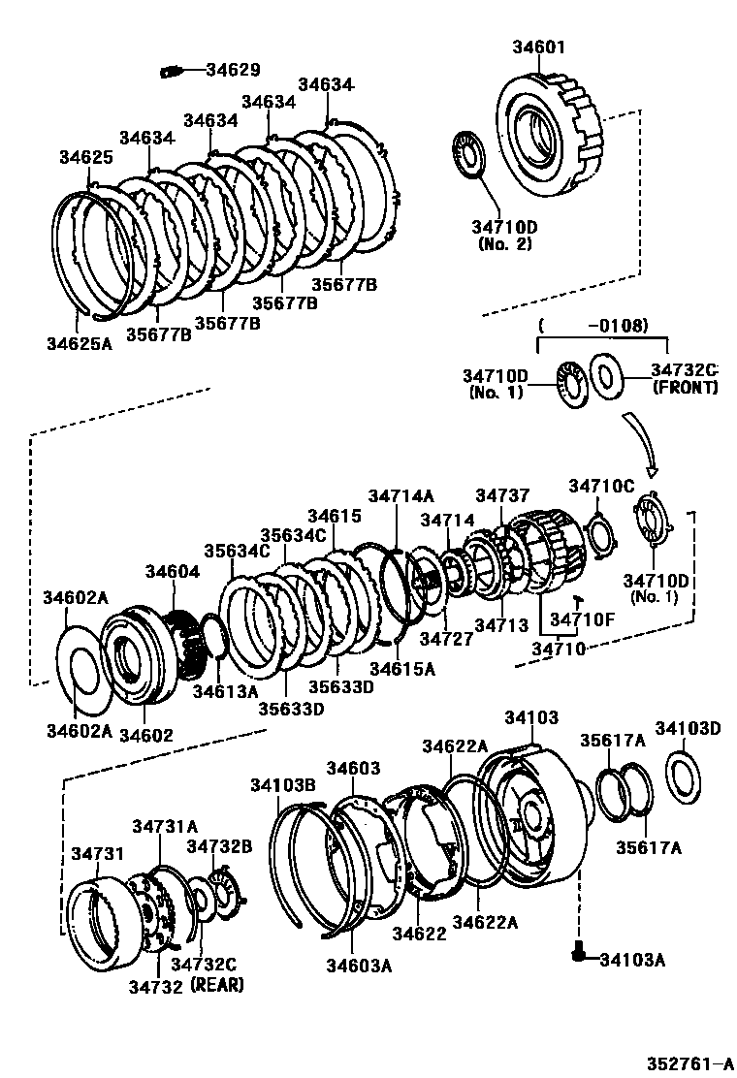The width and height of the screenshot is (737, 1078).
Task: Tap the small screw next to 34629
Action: (x=173, y=70)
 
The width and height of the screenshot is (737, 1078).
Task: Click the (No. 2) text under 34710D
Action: (x=505, y=244)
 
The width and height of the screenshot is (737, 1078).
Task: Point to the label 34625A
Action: (x=80, y=341)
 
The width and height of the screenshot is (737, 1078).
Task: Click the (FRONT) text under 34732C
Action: (x=685, y=387)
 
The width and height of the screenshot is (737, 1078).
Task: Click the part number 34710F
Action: (x=584, y=618)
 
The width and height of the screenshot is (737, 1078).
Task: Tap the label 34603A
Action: (x=358, y=966)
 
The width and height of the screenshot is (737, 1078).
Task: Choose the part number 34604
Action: (x=172, y=572)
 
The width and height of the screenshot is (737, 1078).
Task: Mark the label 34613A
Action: (x=225, y=691)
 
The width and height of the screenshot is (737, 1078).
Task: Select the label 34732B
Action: (x=219, y=846)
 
